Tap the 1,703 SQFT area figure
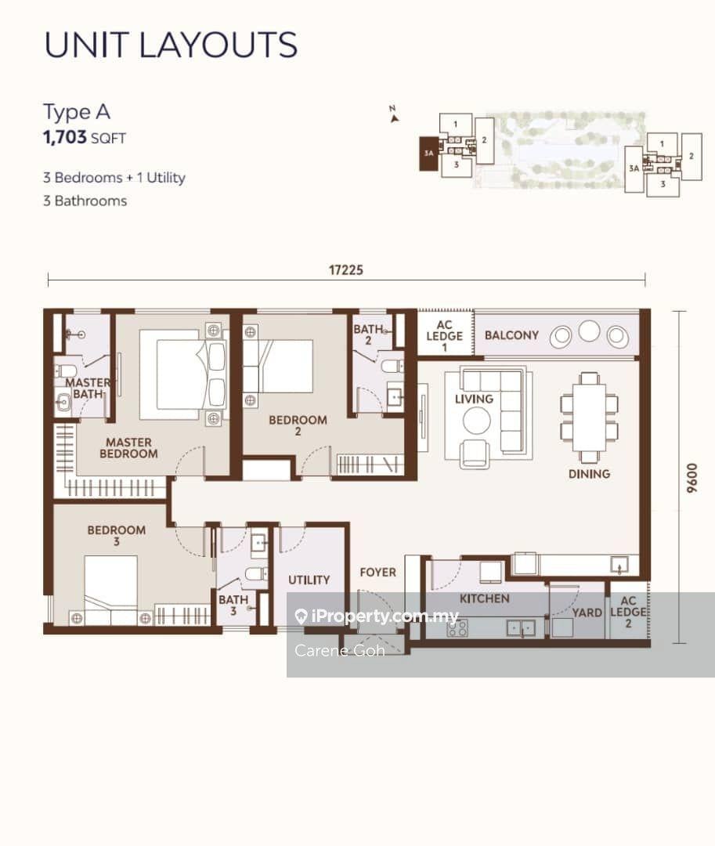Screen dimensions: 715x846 coord(84,137)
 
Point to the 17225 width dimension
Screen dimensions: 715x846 coord(346,269)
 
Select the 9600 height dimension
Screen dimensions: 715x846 coord(692,478)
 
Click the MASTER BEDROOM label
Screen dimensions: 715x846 coord(129,448)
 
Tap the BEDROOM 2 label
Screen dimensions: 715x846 coord(298,425)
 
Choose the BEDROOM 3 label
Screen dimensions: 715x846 coord(117,535)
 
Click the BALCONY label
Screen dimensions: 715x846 coord(511,335)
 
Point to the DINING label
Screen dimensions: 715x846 coord(590,474)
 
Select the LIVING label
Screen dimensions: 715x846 coord(474,399)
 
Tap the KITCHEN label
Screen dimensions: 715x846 coord(484,598)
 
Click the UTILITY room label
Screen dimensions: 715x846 coord(309,580)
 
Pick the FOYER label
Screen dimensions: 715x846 coord(378,572)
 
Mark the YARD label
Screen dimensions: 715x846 coord(587,613)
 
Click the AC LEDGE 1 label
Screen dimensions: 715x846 coord(444,335)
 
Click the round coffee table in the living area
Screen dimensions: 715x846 coord(477,421)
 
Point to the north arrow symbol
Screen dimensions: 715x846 coord(394,115)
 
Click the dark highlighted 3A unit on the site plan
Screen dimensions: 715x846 coord(428,154)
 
